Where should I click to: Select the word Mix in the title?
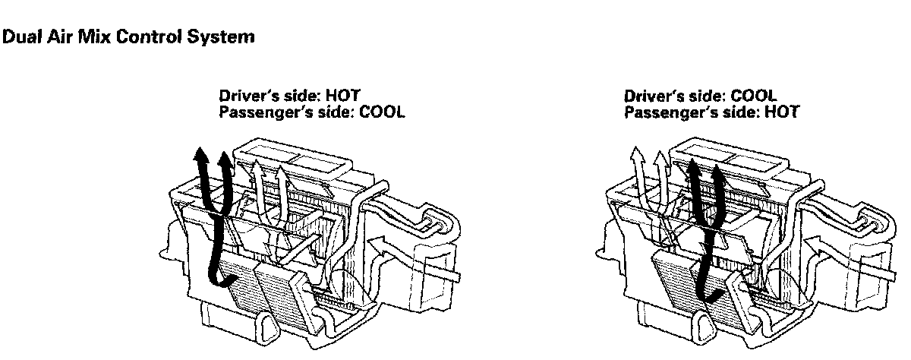coord(81,36)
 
